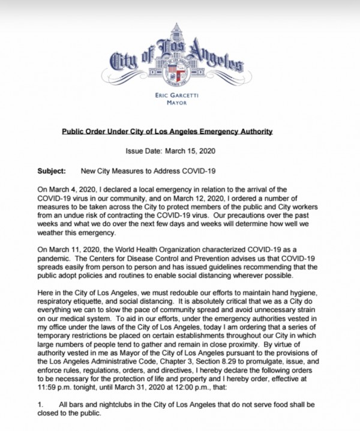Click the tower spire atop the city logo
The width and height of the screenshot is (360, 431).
(178, 30)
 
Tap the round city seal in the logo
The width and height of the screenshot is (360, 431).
(178, 72)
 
